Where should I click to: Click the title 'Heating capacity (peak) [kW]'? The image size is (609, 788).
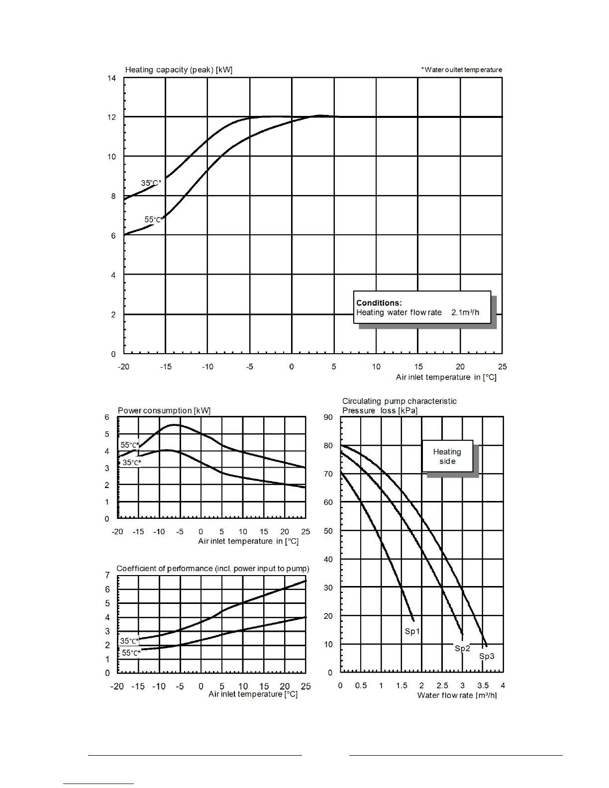pos(179,70)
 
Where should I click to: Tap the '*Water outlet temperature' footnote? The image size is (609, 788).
pos(462,70)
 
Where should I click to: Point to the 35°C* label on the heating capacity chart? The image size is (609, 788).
pos(151,183)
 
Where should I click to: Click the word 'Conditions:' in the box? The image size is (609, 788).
pos(379,303)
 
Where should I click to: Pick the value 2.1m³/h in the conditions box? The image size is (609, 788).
pos(465,312)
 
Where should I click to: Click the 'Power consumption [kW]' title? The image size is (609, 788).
pos(164,410)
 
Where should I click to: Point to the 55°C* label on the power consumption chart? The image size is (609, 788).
pos(130,445)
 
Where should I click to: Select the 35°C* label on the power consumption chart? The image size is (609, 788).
pos(132,463)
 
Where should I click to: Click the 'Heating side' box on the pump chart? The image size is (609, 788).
pos(447,456)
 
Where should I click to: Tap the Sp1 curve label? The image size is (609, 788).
pos(412,631)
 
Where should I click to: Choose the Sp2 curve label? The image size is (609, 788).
pos(462,648)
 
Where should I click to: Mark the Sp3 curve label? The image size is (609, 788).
pos(487,656)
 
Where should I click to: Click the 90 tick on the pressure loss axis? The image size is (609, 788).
pos(328,417)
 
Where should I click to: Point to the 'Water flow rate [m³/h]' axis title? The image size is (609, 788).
pos(457,695)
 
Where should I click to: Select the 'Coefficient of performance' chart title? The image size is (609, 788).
pos(212,569)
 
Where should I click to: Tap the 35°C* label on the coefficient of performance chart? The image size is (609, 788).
pos(129,641)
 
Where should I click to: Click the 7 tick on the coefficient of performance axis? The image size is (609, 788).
pos(107,575)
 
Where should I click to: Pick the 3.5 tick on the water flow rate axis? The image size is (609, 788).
pos(483,685)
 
